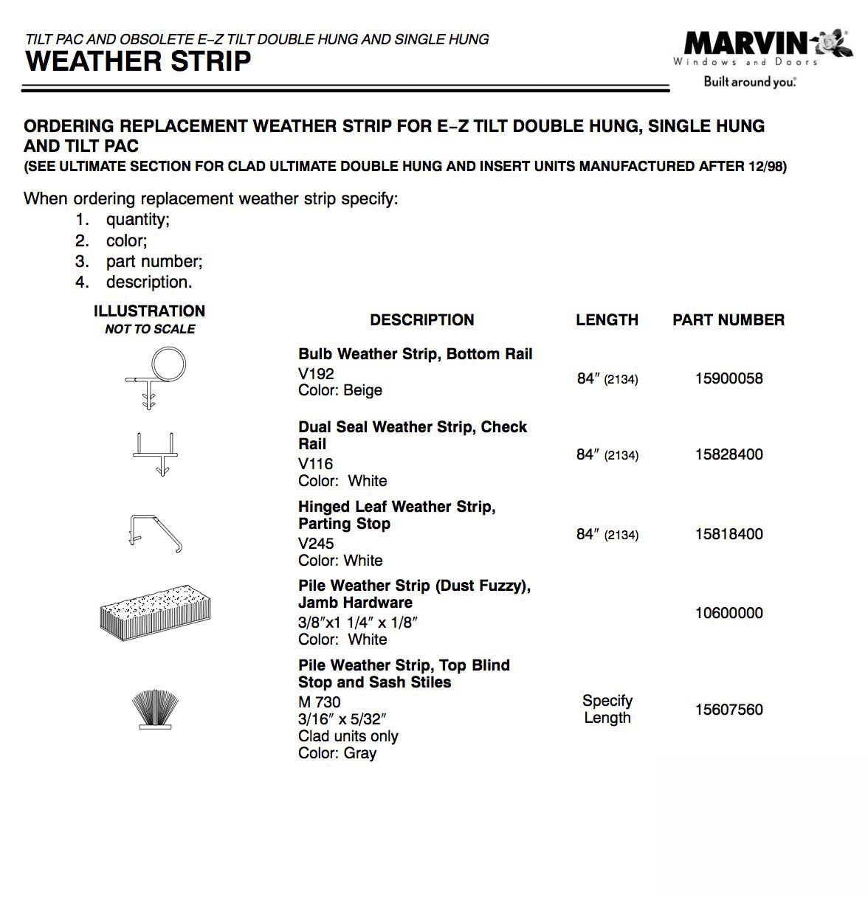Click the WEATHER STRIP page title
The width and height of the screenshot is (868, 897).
click(x=138, y=61)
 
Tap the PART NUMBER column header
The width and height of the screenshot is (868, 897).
click(x=728, y=320)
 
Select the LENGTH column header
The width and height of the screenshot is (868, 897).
click(x=607, y=320)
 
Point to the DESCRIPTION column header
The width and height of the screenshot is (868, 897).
click(x=421, y=320)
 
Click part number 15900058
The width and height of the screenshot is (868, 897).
click(x=728, y=378)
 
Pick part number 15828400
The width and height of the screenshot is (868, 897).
click(x=728, y=454)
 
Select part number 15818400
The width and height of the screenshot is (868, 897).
click(x=728, y=534)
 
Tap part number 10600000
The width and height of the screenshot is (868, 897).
click(x=728, y=613)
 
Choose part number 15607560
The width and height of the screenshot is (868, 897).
click(x=728, y=710)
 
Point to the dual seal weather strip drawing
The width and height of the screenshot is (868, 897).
click(x=156, y=453)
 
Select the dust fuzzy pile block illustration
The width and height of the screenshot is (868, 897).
click(x=155, y=612)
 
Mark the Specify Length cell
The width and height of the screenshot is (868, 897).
click(x=607, y=709)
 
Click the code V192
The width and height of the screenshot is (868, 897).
click(x=316, y=374)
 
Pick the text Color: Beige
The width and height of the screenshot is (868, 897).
click(x=340, y=390)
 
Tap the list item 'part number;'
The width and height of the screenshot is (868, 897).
click(x=154, y=261)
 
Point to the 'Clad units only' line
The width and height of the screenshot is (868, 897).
click(x=348, y=736)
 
